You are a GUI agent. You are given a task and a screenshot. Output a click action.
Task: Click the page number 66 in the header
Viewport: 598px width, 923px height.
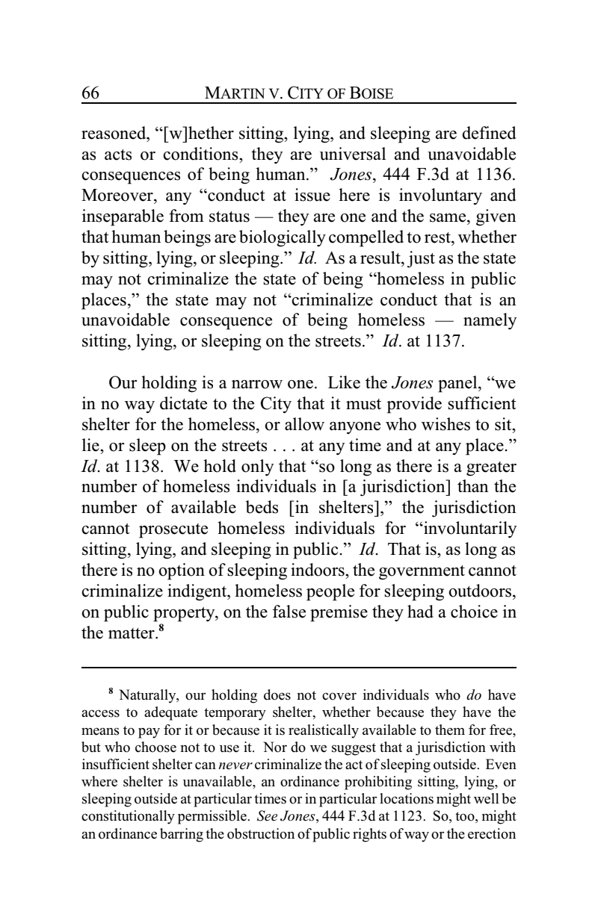point(90,94)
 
